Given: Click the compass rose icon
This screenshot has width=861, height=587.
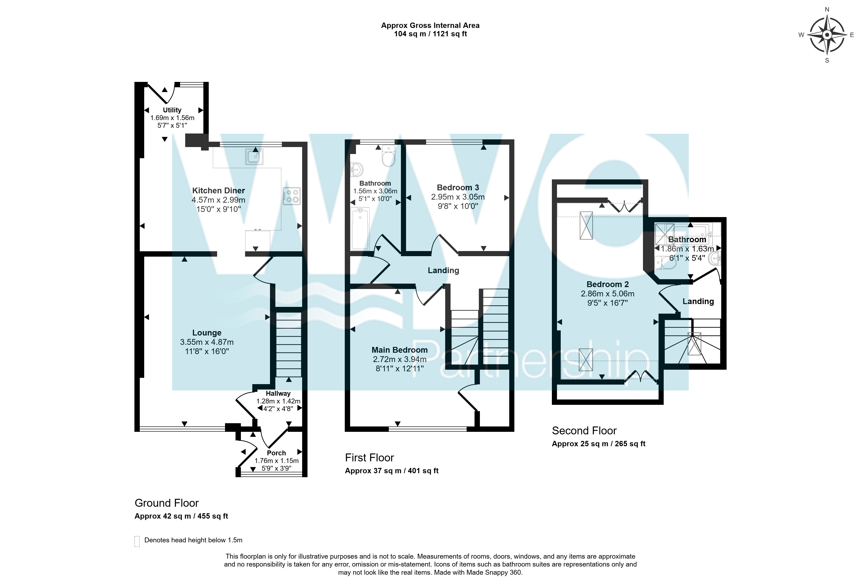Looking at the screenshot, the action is point(827,35).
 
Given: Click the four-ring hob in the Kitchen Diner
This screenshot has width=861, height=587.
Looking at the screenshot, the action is point(292,196).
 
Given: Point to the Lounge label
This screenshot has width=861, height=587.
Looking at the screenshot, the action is point(207,333).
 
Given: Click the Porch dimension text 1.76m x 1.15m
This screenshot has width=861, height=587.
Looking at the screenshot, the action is point(276,461).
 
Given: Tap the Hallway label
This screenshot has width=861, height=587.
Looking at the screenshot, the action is point(278,393).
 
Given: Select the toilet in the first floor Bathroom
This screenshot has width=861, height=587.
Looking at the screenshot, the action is point(389,156).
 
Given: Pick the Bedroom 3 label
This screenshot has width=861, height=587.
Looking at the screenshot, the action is point(458,188).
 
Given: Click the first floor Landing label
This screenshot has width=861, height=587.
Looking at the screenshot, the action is point(444,271).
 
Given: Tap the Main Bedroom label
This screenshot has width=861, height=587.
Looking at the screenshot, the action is point(400,350).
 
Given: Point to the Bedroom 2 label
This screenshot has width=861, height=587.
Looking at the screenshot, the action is point(608,284).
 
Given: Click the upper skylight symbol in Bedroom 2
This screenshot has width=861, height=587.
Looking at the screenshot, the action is point(586,226).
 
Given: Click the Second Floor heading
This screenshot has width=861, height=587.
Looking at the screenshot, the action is point(584,431).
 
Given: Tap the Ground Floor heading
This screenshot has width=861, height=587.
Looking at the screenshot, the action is point(167,503).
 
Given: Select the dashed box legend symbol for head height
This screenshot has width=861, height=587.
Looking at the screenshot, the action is point(137,541).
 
